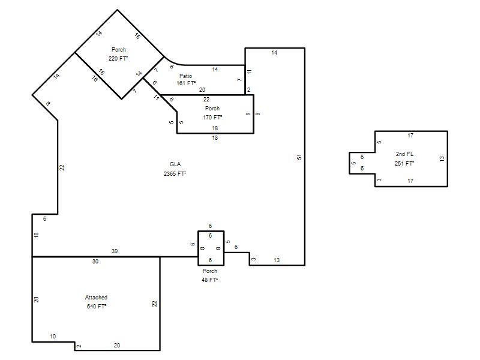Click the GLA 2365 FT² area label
[x=175, y=169]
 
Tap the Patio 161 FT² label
[x=186, y=80]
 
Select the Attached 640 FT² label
[x=96, y=302]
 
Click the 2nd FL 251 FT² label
[x=404, y=159]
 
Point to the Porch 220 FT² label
[x=118, y=54]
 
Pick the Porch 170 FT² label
[x=212, y=113]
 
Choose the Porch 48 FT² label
[x=209, y=275]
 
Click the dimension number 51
[x=299, y=157]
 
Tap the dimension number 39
[x=115, y=251]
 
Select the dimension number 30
[x=95, y=262]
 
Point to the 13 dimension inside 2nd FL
[x=442, y=158]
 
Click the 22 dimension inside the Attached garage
[x=154, y=304]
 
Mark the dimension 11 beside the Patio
[x=250, y=71]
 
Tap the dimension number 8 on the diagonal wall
[x=48, y=104]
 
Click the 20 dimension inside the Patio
[x=202, y=89]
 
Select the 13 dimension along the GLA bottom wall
[x=277, y=260]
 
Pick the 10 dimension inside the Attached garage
[x=53, y=337]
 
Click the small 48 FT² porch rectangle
[x=211, y=231]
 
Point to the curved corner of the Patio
[x=172, y=63]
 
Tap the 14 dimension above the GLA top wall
[x=274, y=53]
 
